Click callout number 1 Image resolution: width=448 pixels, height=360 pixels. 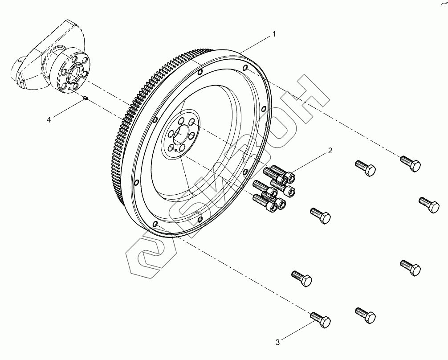coord(275,34)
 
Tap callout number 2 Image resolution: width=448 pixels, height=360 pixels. coord(330,151)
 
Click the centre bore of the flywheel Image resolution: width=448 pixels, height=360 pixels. coord(181,134)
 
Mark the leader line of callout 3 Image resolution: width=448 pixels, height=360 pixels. coord(296,331)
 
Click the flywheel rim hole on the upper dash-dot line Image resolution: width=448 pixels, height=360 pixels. coord(245,68)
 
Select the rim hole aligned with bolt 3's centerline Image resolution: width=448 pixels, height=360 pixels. coord(154,224)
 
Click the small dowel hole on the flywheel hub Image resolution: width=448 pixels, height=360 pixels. coord(176,151)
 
